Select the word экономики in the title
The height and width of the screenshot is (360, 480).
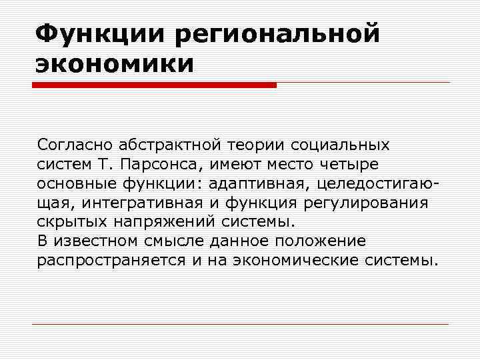click(115, 64)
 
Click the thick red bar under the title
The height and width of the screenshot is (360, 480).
click(154, 85)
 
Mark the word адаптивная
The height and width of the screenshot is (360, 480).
click(259, 183)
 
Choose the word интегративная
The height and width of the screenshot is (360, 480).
click(142, 202)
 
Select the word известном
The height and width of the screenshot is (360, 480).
click(97, 241)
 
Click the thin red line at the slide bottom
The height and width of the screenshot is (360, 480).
click(240, 325)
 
